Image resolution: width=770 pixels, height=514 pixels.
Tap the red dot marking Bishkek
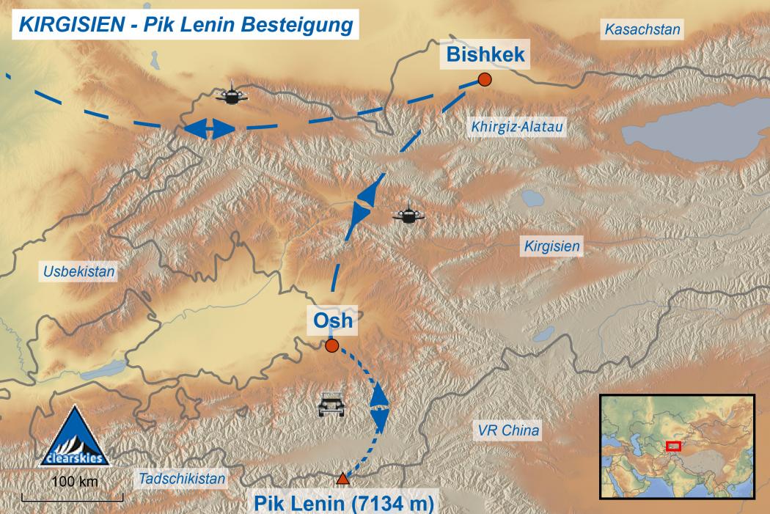484,80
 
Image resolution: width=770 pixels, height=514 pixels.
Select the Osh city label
333,320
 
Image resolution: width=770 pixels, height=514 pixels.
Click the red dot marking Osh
331,345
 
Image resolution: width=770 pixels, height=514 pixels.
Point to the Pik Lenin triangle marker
342,480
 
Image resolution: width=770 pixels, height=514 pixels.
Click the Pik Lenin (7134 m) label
343,504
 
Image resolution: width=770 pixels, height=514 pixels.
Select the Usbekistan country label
79,272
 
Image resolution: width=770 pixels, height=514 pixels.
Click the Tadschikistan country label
182,478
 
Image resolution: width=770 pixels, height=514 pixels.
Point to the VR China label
508,430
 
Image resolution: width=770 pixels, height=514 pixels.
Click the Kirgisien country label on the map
551,247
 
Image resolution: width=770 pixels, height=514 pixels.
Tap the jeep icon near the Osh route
331,404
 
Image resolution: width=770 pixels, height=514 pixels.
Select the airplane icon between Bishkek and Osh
408,215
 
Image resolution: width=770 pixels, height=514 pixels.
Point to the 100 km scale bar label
73,482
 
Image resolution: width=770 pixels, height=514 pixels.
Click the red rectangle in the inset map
672,446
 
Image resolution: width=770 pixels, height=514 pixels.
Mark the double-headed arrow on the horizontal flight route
209,129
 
